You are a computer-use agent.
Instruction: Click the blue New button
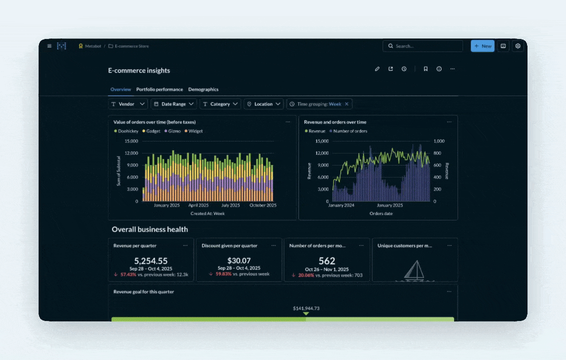tap(482, 46)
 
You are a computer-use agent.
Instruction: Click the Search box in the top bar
tap(422, 46)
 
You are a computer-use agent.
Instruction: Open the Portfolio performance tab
tap(159, 89)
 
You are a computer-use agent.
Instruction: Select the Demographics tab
tap(203, 89)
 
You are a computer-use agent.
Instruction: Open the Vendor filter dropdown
tap(128, 104)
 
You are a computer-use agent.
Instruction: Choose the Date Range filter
tap(173, 104)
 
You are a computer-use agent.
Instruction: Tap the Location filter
tap(263, 104)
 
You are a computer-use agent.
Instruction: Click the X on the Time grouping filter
tap(346, 104)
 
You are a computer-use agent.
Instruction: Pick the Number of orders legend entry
tap(350, 131)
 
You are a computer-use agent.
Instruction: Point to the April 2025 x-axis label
tap(198, 205)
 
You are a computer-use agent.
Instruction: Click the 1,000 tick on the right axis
tap(438, 141)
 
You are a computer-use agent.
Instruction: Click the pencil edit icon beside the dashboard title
tap(377, 69)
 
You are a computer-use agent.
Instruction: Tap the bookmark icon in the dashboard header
tap(425, 69)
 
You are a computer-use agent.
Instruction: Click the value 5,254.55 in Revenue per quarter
tap(150, 261)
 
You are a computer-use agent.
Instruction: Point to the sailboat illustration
tap(414, 270)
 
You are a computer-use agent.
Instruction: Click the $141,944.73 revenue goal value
tap(306, 308)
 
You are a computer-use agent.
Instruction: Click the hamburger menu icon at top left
tap(49, 46)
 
